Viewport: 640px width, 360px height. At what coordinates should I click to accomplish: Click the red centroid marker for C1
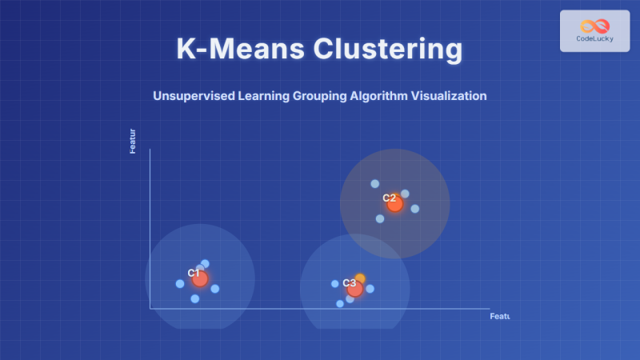click(x=200, y=278)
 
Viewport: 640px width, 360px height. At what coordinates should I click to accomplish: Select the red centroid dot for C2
click(x=394, y=204)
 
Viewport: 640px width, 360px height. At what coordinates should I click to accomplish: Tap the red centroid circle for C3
click(x=355, y=289)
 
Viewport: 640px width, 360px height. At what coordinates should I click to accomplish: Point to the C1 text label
click(x=193, y=273)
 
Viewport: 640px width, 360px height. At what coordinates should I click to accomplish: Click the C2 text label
click(x=389, y=198)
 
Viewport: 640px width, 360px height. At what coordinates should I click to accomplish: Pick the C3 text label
click(x=349, y=283)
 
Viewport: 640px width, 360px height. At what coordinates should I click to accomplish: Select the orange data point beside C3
click(x=360, y=278)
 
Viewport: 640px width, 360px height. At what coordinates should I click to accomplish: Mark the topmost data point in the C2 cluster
click(x=374, y=184)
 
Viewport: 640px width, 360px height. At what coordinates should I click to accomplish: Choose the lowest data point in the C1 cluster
click(x=194, y=298)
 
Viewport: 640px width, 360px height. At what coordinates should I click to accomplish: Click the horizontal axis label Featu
click(x=499, y=317)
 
